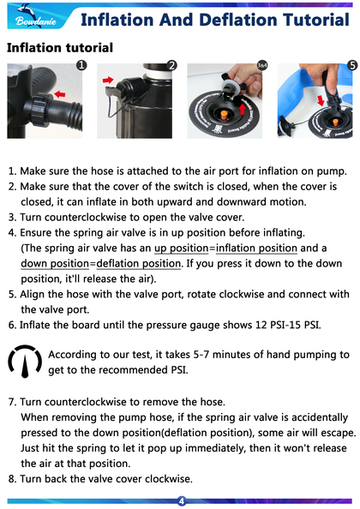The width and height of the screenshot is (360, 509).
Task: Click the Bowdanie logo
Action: click(x=36, y=17)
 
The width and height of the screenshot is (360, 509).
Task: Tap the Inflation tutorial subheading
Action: click(x=60, y=48)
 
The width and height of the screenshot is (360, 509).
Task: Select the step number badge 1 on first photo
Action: click(x=81, y=65)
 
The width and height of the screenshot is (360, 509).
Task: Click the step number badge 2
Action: click(x=171, y=65)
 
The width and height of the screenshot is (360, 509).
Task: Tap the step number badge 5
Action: click(x=352, y=65)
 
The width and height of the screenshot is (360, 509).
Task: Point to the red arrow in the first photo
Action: click(x=60, y=94)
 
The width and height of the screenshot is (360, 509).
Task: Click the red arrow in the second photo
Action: click(x=108, y=80)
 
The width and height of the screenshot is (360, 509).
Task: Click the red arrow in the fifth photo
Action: click(x=321, y=100)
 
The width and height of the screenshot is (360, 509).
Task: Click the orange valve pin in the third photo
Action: click(x=224, y=115)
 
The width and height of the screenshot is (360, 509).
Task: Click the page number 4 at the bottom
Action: click(x=182, y=501)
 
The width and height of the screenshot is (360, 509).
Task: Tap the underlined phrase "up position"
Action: click(x=181, y=248)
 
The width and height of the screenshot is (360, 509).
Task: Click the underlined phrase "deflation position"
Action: click(x=139, y=263)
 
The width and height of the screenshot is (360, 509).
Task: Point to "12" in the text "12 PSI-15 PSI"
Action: click(x=261, y=325)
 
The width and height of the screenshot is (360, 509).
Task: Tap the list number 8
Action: click(x=12, y=479)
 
